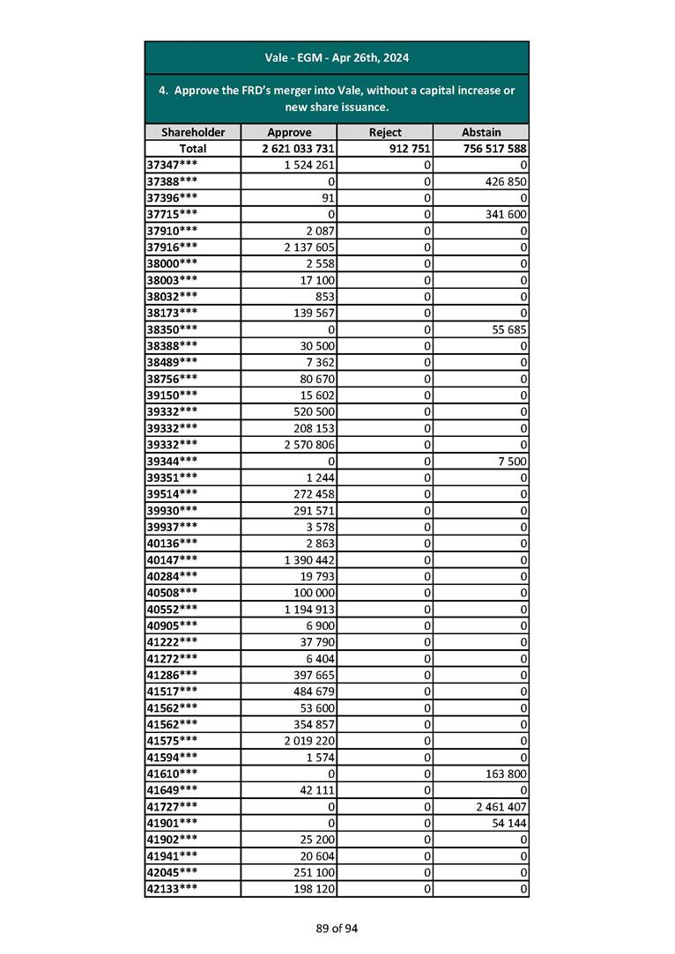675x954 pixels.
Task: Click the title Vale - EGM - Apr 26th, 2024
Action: [337, 58]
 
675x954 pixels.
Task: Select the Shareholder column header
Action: [193, 132]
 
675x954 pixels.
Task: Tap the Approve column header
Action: [289, 132]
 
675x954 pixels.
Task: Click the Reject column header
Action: [385, 132]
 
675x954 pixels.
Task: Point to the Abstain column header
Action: [480, 132]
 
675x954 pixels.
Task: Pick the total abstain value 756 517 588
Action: [493, 149]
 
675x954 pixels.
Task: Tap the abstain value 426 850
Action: [503, 181]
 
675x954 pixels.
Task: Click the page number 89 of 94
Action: [337, 928]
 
